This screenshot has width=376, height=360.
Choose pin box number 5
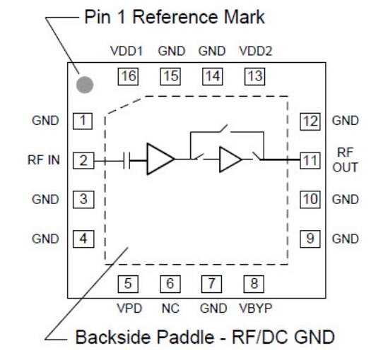tap(128, 285)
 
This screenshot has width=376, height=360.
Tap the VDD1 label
tap(128, 52)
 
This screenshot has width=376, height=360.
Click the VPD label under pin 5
tap(128, 308)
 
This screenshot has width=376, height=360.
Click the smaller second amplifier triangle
tap(230, 160)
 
